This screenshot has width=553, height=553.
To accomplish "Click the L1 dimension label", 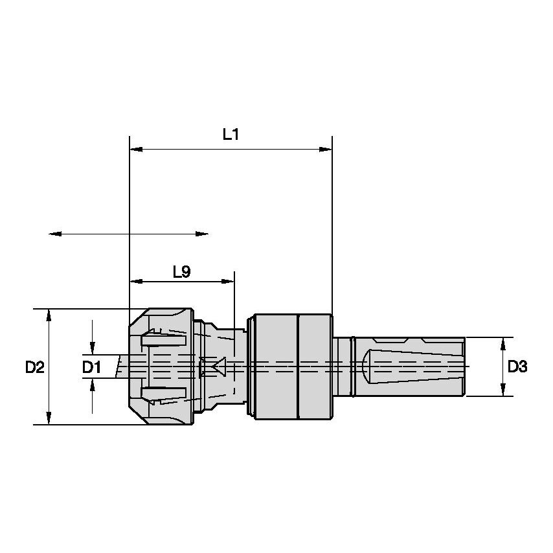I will coord(231,134).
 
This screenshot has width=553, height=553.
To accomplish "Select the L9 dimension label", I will coord(181,272).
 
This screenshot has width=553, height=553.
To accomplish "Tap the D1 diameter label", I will coord(92,368).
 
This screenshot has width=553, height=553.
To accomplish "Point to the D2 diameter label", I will coord(34,368).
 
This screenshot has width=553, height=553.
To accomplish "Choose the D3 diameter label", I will coord(516,367).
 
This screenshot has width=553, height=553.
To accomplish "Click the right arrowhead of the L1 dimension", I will coord(326,150).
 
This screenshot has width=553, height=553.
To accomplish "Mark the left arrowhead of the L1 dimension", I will coord(135,150).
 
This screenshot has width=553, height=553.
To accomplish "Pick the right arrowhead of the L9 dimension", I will coord(229,281).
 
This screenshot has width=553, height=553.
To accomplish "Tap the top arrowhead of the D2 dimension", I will coord(50,314).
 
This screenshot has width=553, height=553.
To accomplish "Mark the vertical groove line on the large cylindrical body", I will coord(297,367).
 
